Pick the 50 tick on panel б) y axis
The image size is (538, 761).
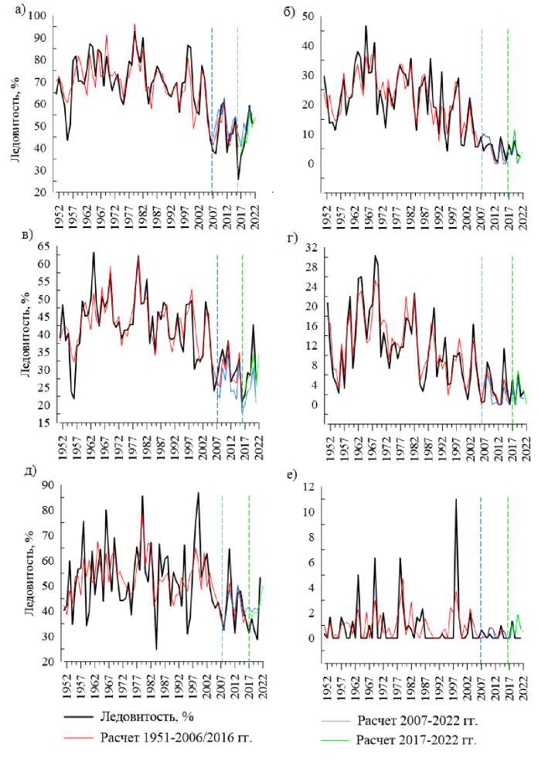308,17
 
